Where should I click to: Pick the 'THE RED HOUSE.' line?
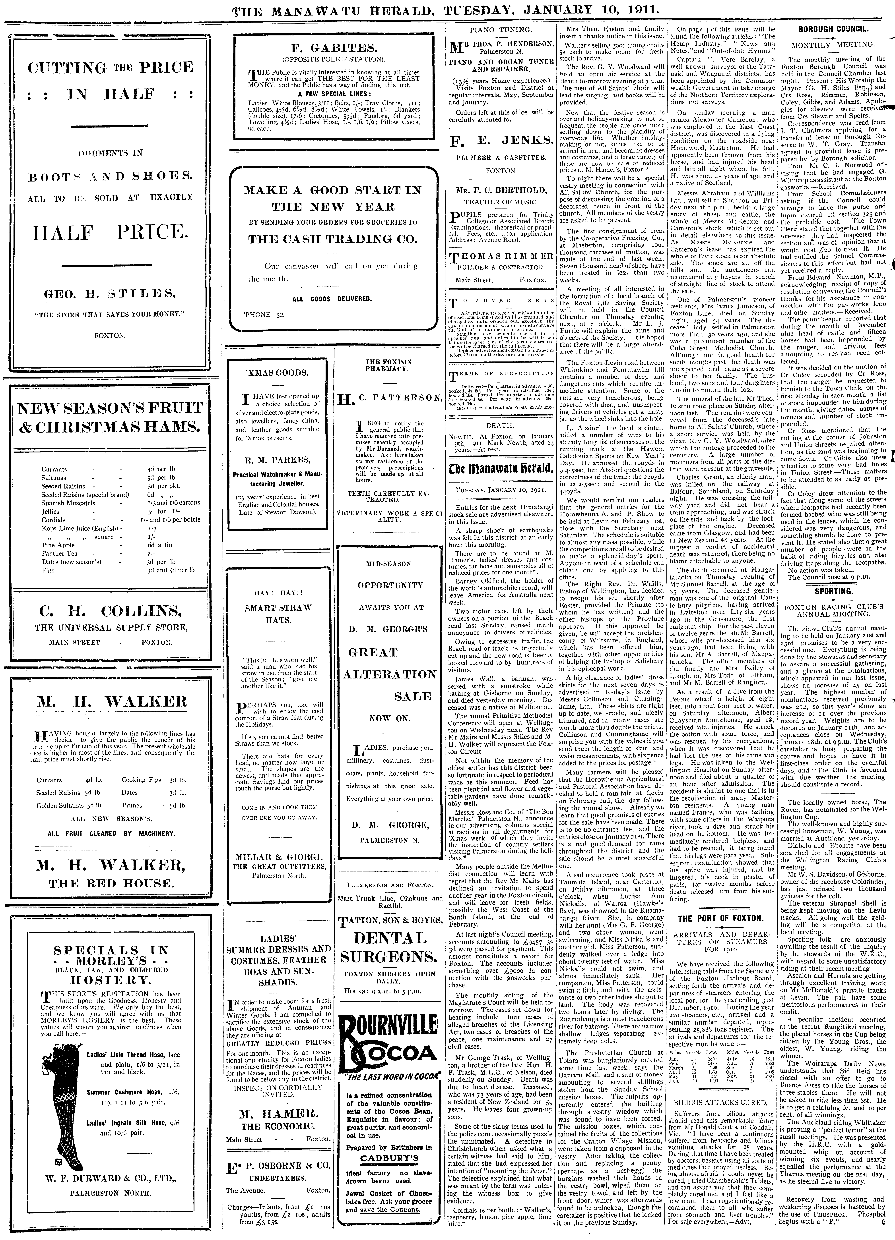click(x=111, y=883)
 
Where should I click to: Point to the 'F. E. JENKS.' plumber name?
click(x=501, y=142)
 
